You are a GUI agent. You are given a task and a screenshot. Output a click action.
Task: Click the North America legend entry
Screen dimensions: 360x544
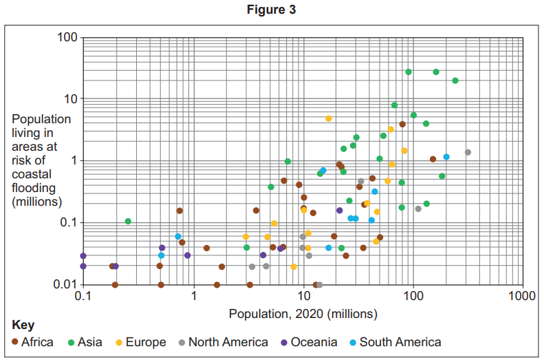click(x=228, y=342)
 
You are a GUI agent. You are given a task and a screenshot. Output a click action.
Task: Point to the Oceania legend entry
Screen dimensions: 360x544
click(x=314, y=342)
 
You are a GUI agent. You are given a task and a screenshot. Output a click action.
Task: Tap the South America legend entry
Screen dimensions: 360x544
click(x=400, y=342)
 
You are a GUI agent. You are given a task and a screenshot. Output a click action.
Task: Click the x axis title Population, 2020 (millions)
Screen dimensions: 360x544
click(x=303, y=315)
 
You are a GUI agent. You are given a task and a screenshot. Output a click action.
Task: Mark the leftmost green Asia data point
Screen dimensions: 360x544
click(x=128, y=222)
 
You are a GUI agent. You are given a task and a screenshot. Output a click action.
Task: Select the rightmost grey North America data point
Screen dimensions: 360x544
click(x=468, y=152)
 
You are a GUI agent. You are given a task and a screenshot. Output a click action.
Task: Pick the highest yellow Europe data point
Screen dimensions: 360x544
click(x=329, y=118)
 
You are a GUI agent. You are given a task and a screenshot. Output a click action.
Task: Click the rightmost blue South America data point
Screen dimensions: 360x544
click(x=446, y=157)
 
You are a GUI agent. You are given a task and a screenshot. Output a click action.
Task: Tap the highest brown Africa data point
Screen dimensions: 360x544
click(x=402, y=125)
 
